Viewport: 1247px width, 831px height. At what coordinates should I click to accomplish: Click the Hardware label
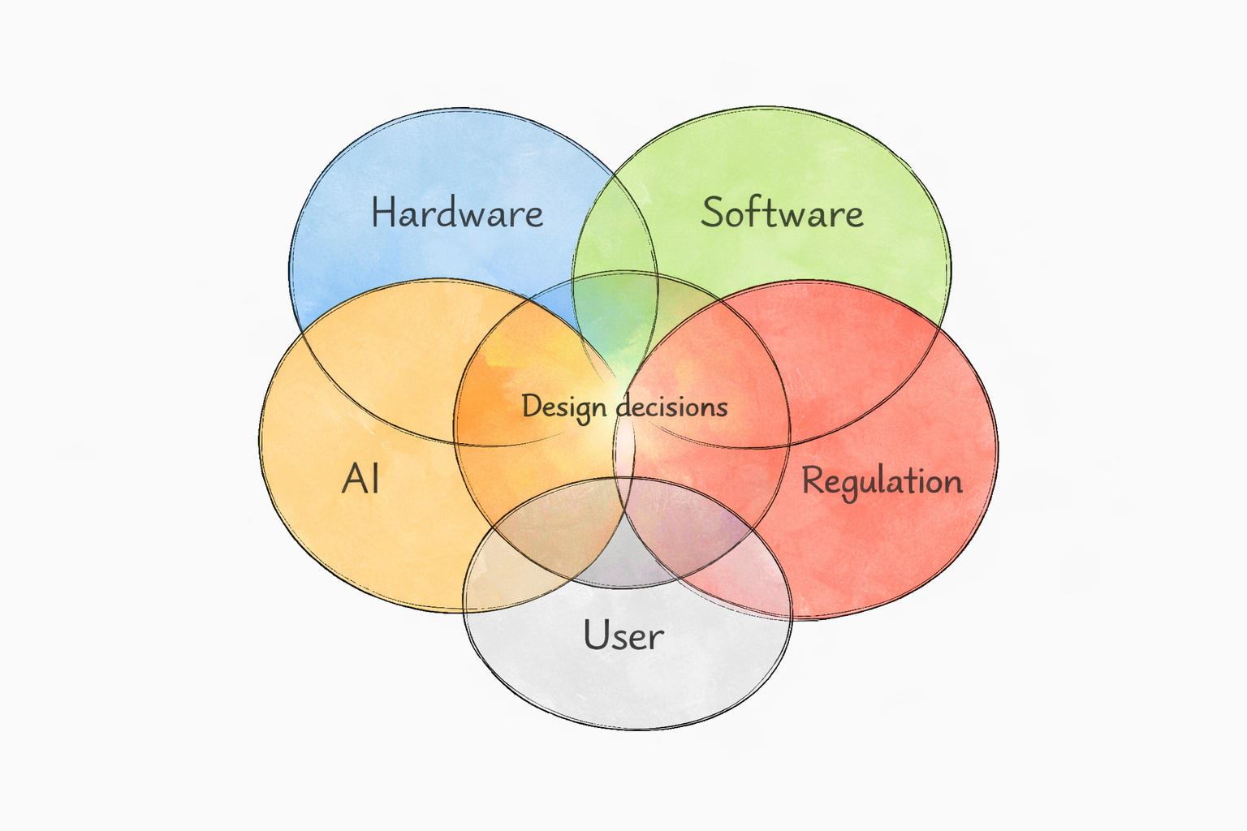457,212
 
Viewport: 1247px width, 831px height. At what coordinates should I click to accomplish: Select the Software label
782,212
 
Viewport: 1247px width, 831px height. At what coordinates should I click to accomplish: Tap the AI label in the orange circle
360,479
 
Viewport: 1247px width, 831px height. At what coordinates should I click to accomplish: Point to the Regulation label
882,482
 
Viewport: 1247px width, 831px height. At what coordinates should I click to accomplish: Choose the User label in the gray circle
623,635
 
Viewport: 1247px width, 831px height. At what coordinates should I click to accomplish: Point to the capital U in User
595,635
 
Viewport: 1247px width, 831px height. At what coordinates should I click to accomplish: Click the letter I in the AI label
376,479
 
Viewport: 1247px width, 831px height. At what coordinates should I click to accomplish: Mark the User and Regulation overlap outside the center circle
735,579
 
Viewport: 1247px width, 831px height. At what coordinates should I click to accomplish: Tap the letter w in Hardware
479,216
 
